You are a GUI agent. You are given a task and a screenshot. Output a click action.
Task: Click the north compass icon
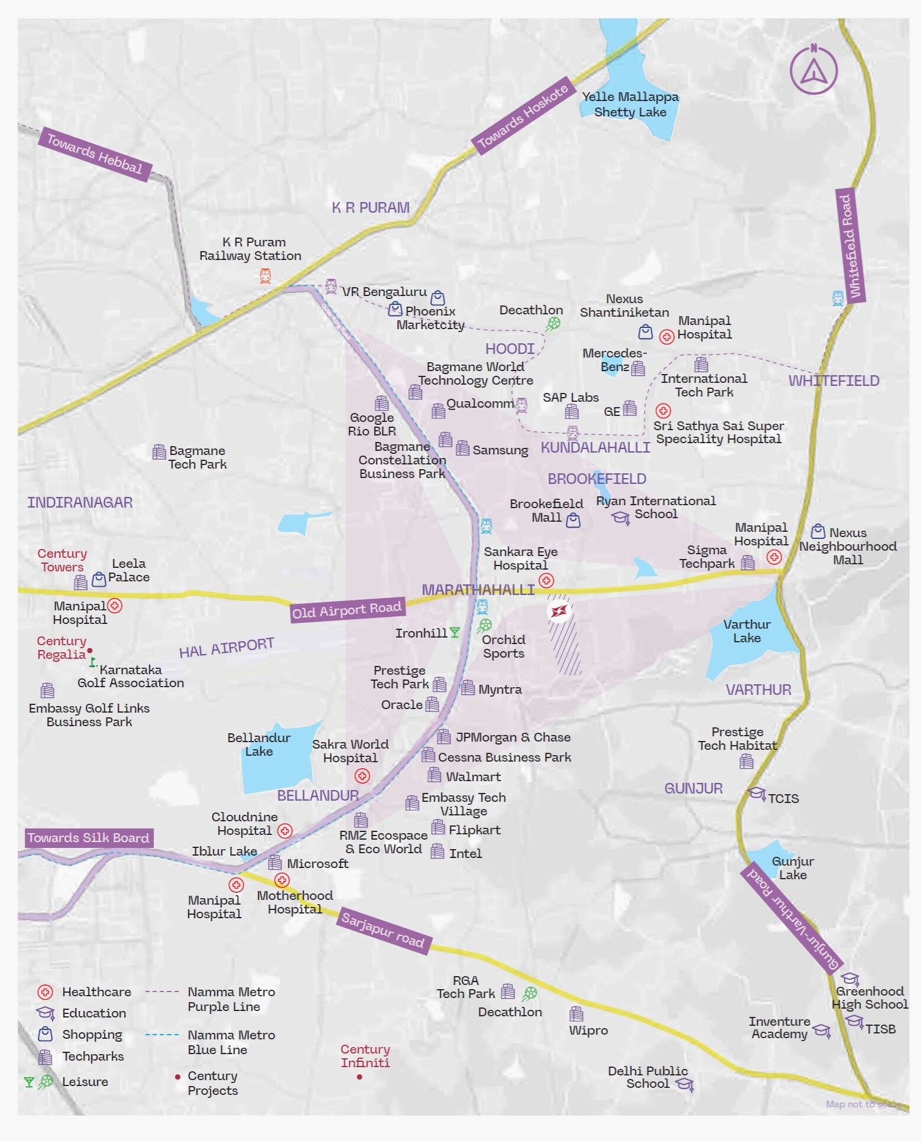(813, 70)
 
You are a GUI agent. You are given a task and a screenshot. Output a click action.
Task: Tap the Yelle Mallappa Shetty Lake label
(630, 105)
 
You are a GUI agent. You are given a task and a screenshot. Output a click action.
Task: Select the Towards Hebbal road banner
(95, 154)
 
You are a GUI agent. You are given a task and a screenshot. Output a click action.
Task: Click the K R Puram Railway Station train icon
(265, 275)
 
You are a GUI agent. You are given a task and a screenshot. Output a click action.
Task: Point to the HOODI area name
(510, 349)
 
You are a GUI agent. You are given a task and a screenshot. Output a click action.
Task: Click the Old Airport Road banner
(347, 610)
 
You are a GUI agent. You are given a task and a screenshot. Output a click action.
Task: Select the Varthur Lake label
(747, 631)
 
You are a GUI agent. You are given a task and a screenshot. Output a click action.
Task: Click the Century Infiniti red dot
(359, 1077)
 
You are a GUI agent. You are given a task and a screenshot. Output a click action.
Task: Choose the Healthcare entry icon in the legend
(45, 992)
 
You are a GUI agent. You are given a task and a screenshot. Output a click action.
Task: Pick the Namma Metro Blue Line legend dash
(162, 1035)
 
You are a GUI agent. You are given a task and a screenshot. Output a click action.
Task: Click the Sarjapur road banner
(383, 929)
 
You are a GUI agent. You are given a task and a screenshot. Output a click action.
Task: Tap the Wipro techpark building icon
(576, 1015)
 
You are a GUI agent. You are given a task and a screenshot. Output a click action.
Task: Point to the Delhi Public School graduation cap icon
(685, 1084)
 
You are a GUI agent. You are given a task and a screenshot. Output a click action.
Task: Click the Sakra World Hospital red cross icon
(362, 776)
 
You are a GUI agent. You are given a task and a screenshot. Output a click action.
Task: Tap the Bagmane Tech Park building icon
(159, 452)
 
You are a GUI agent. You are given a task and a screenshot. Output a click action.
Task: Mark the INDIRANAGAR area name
(80, 502)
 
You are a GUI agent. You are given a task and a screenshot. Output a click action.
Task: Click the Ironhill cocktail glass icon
(454, 633)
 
